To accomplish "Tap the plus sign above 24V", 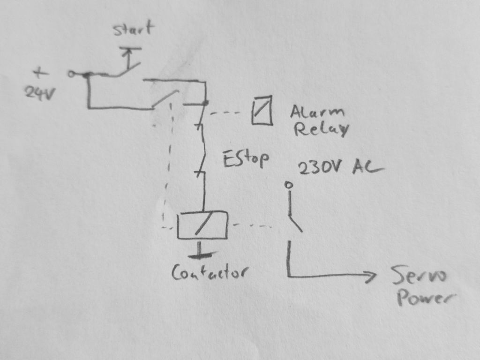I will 40,73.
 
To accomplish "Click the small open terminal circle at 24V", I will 71,74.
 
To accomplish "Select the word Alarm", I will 317,112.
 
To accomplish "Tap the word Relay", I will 322,129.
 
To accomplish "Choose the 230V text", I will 319,167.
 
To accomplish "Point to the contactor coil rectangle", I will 202,225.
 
